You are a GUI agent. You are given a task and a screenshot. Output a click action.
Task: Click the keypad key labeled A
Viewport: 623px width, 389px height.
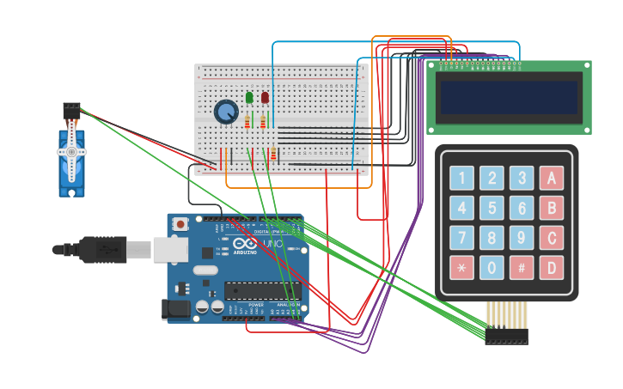tap(551, 179)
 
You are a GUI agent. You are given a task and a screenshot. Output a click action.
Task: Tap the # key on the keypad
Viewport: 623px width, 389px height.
tap(521, 268)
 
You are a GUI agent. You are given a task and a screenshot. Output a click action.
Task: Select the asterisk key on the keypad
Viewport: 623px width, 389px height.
tap(461, 268)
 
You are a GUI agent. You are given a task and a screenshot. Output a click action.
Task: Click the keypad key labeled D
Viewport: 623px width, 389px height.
tap(551, 268)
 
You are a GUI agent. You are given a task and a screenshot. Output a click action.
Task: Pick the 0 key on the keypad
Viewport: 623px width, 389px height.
tap(492, 268)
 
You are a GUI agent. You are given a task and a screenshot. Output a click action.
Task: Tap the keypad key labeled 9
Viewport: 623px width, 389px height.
tap(521, 238)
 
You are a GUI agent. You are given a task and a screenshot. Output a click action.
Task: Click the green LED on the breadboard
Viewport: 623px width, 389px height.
tap(249, 98)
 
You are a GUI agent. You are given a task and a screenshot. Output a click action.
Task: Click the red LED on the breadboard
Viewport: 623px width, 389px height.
tap(265, 98)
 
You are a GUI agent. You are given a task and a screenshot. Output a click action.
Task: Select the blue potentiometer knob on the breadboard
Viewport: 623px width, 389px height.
tap(226, 112)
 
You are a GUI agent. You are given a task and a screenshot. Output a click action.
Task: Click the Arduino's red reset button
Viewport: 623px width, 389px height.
tap(180, 224)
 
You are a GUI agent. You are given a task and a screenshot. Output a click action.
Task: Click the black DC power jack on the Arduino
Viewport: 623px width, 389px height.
tap(176, 310)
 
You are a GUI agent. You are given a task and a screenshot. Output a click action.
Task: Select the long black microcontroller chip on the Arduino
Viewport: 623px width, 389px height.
tap(262, 290)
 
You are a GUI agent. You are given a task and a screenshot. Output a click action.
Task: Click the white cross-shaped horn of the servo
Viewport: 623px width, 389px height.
tap(71, 152)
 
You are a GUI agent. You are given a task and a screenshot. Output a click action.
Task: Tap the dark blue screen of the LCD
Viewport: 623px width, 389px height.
tap(509, 97)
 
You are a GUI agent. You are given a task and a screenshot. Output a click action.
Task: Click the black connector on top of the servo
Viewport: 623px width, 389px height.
tap(71, 110)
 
